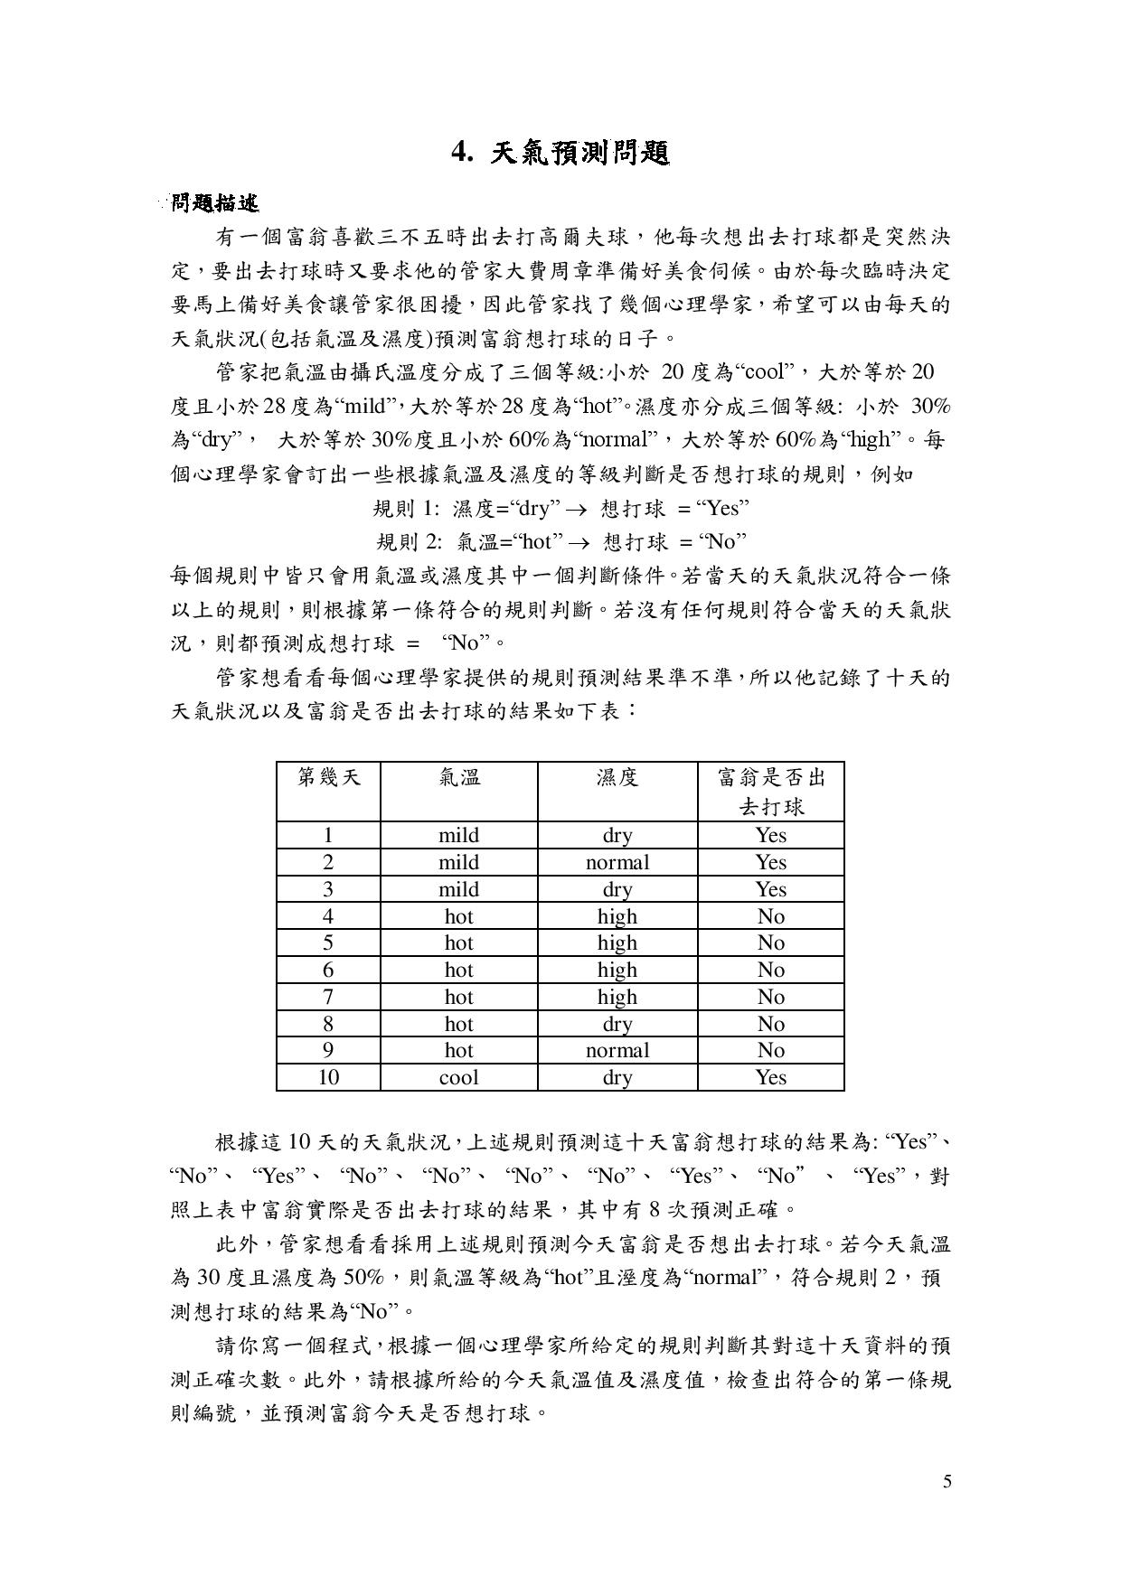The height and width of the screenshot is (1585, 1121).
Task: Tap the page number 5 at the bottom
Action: pyautogui.click(x=947, y=1480)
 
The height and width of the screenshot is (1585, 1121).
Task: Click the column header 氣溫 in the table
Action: pyautogui.click(x=458, y=777)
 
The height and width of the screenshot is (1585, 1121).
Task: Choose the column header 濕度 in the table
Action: pyautogui.click(x=617, y=777)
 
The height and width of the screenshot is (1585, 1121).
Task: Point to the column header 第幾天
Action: pyautogui.click(x=328, y=777)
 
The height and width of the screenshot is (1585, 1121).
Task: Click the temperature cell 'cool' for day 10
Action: pyautogui.click(x=458, y=1077)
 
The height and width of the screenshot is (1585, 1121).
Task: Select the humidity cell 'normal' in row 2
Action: pyautogui.click(x=617, y=862)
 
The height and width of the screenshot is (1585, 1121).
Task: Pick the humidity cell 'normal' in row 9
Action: pyautogui.click(x=617, y=1050)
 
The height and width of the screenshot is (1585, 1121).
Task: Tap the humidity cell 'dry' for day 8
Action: pyautogui.click(x=617, y=1024)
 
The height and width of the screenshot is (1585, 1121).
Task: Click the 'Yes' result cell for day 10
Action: pyautogui.click(x=770, y=1077)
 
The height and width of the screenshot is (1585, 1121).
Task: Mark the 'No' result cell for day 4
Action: pyautogui.click(x=770, y=916)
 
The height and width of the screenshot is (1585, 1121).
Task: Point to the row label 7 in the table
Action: pyautogui.click(x=328, y=997)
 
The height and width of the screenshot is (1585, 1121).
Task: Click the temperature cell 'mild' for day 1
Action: pyautogui.click(x=458, y=835)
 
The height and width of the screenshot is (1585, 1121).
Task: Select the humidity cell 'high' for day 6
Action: pyautogui.click(x=617, y=970)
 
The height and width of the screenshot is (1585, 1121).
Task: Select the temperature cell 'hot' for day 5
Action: pyautogui.click(x=458, y=943)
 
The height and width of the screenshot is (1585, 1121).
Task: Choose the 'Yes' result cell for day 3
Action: pyautogui.click(x=770, y=889)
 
